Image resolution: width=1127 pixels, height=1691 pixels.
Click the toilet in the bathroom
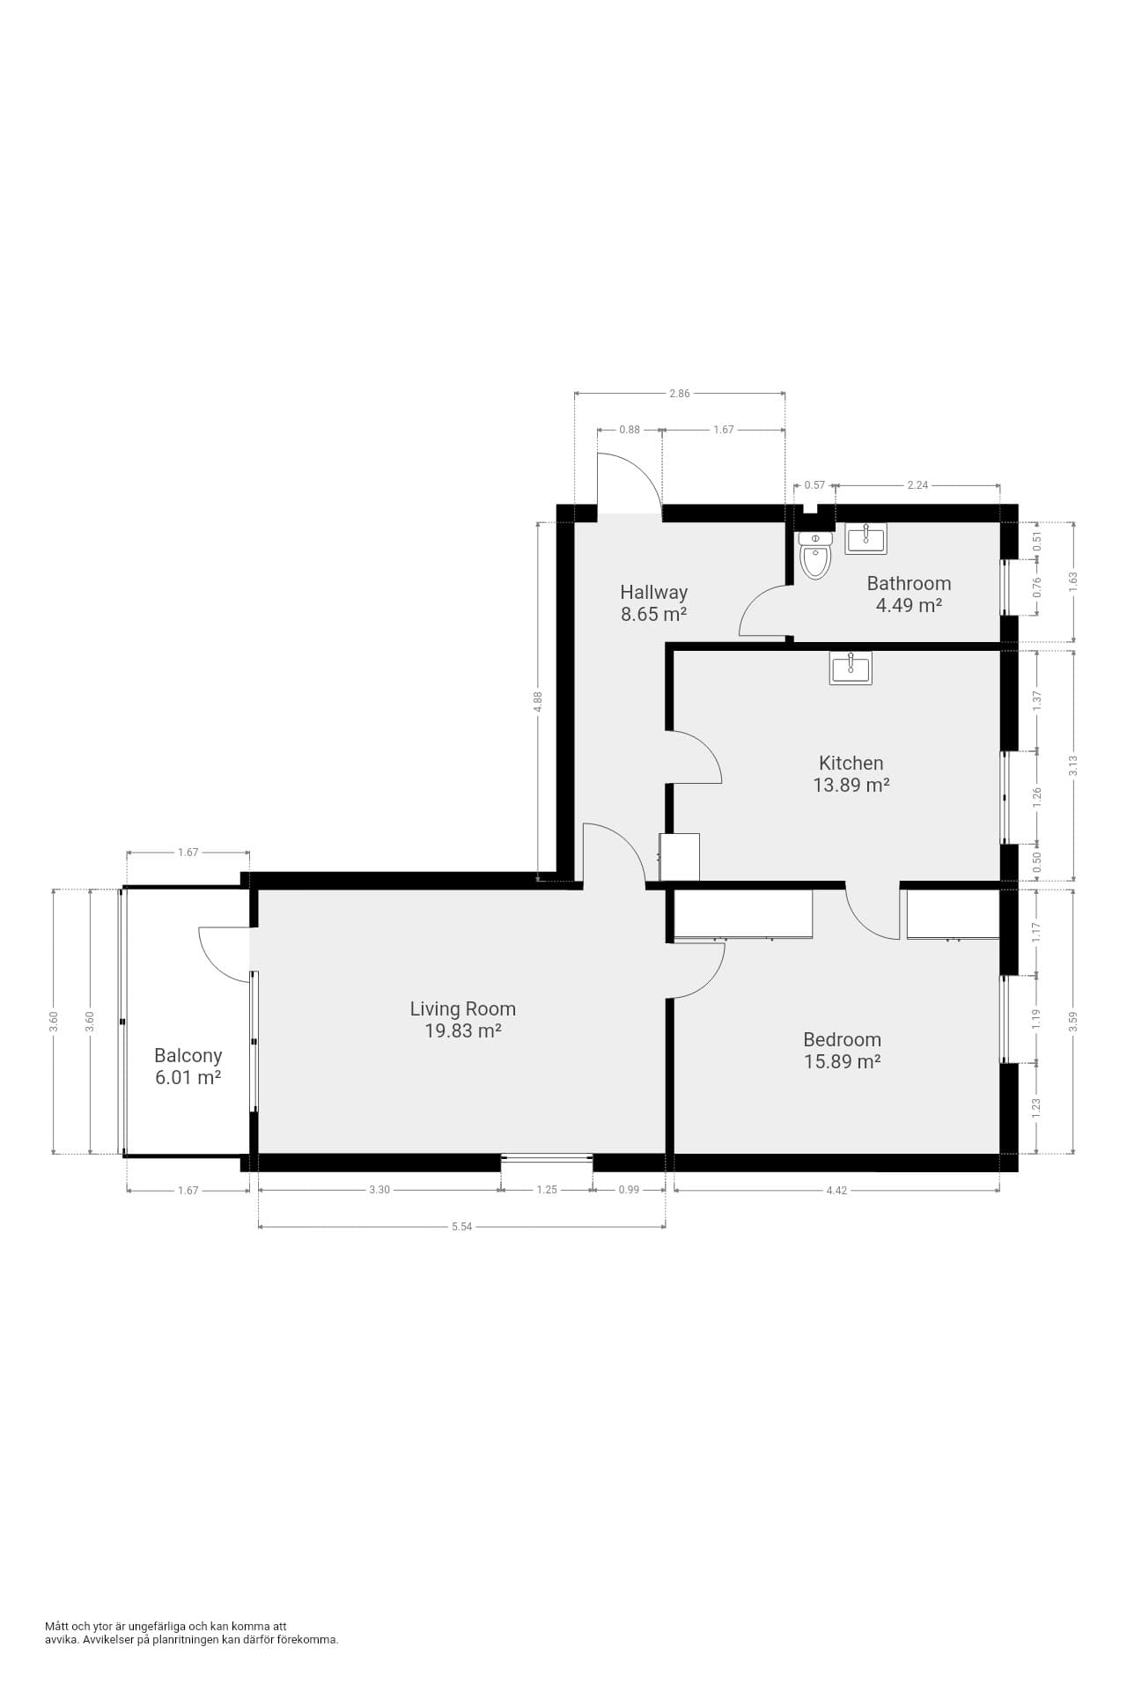pyautogui.click(x=815, y=555)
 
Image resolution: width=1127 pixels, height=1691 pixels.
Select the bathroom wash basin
pyautogui.click(x=866, y=538)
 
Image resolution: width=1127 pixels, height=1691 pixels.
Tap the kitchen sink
pyautogui.click(x=851, y=668)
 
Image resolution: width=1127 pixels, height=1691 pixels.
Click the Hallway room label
pyautogui.click(x=653, y=592)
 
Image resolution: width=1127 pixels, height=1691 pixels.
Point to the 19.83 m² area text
pyautogui.click(x=463, y=1031)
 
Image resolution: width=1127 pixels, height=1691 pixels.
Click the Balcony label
pyautogui.click(x=188, y=1055)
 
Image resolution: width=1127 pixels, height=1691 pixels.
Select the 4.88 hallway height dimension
pyautogui.click(x=538, y=702)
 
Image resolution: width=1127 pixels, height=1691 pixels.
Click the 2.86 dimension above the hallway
pyautogui.click(x=679, y=394)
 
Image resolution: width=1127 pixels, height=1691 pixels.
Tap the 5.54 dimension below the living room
pyautogui.click(x=461, y=1226)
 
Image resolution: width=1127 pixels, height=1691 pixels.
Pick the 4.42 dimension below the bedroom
pyautogui.click(x=836, y=1190)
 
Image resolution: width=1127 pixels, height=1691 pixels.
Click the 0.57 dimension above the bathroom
pyautogui.click(x=815, y=485)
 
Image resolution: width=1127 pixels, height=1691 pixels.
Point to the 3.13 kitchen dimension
pyautogui.click(x=1073, y=765)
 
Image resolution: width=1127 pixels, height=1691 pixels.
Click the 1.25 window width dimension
pyautogui.click(x=547, y=1190)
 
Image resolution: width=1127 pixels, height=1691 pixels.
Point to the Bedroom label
pyautogui.click(x=843, y=1039)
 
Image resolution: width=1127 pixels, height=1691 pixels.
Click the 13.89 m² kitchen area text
pyautogui.click(x=851, y=785)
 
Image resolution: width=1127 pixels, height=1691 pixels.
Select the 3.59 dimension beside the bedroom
pyautogui.click(x=1073, y=1022)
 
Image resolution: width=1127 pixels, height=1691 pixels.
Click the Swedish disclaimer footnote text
pyautogui.click(x=192, y=1633)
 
